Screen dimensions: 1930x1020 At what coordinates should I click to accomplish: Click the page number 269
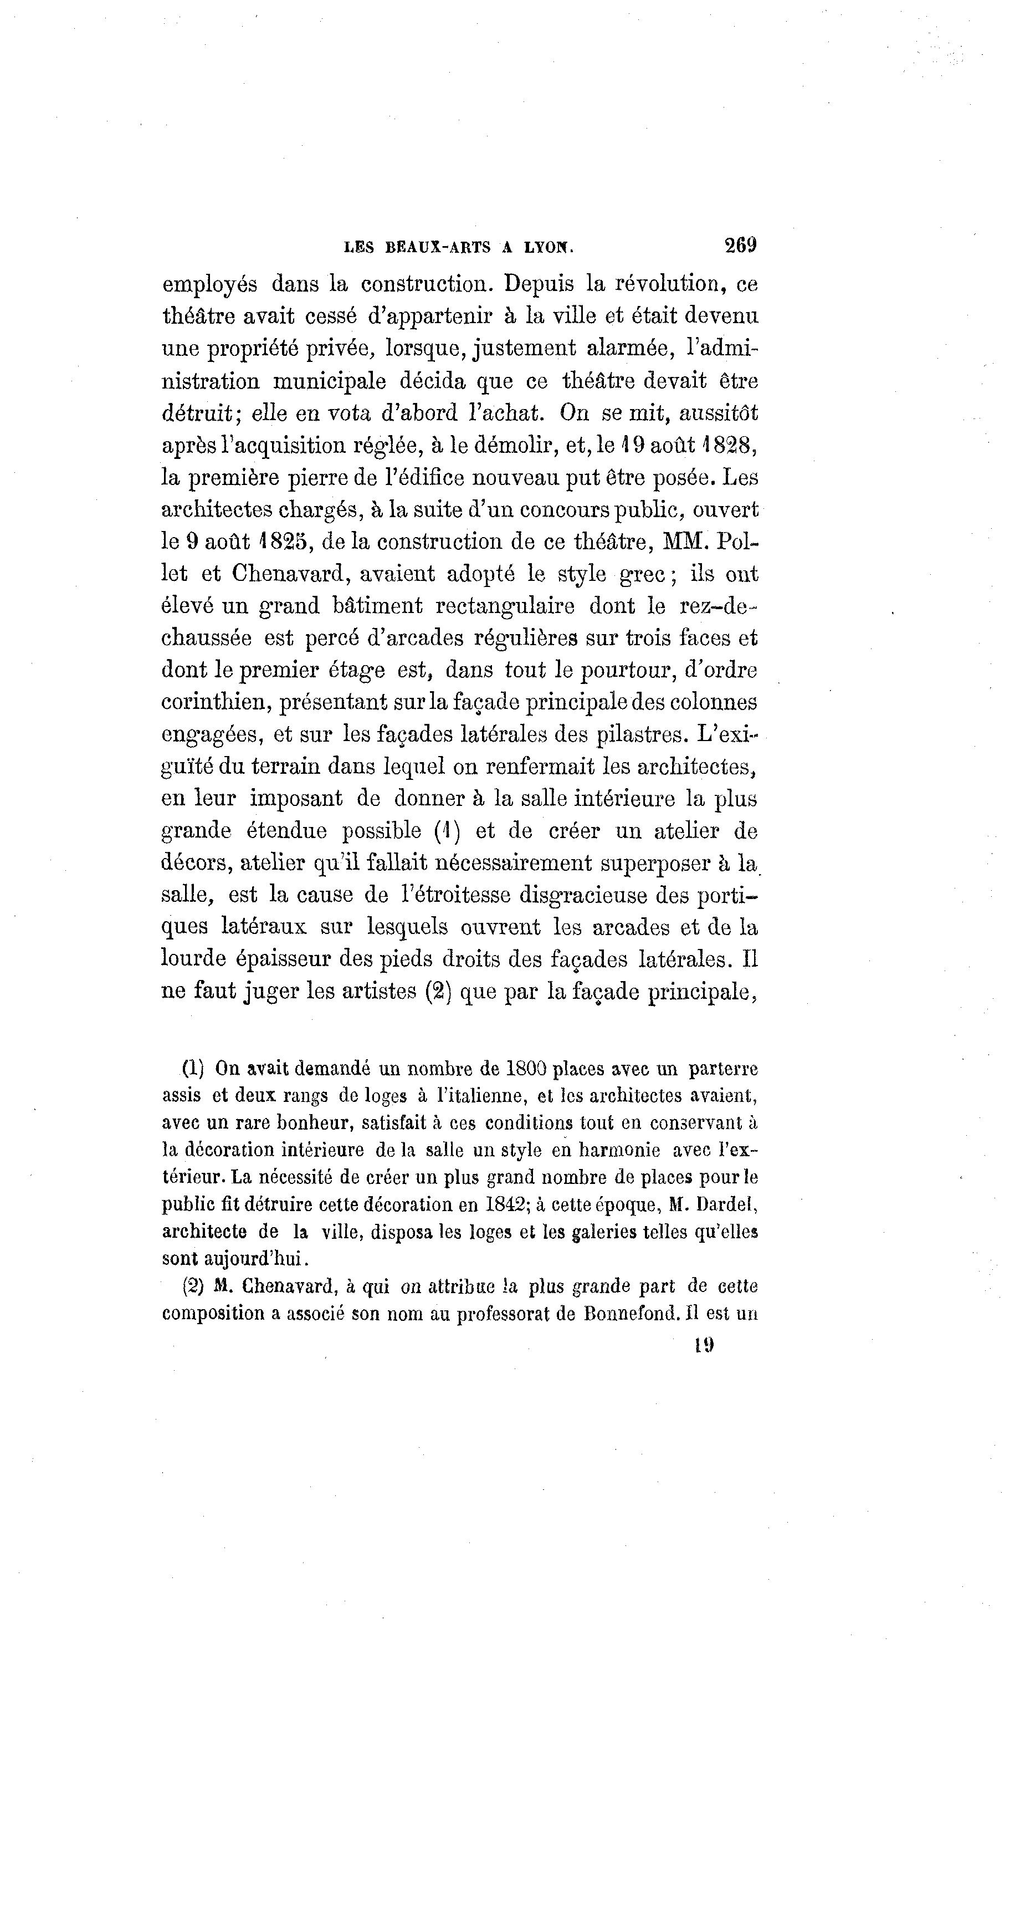click(740, 245)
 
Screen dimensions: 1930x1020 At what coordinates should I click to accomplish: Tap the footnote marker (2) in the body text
click(437, 992)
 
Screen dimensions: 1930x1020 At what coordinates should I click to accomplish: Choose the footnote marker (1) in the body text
click(447, 831)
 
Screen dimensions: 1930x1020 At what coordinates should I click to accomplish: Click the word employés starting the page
click(209, 285)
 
